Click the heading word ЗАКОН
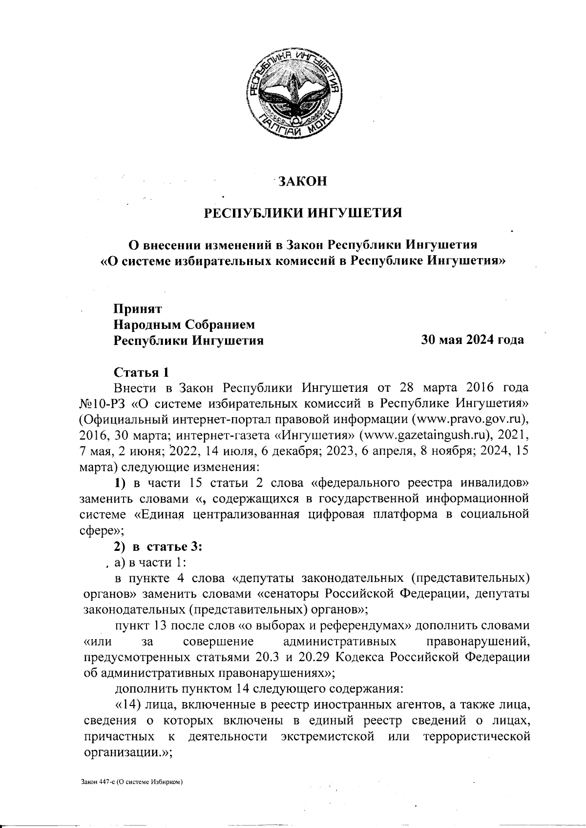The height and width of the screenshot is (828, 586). pos(301,182)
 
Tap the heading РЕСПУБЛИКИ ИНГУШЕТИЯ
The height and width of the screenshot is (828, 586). pos(303,213)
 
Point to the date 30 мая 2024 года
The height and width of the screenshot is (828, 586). pos(473,340)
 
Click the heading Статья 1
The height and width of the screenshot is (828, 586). pos(141,372)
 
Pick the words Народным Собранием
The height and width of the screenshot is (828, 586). pos(185,324)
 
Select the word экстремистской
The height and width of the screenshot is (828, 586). pos(328,736)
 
